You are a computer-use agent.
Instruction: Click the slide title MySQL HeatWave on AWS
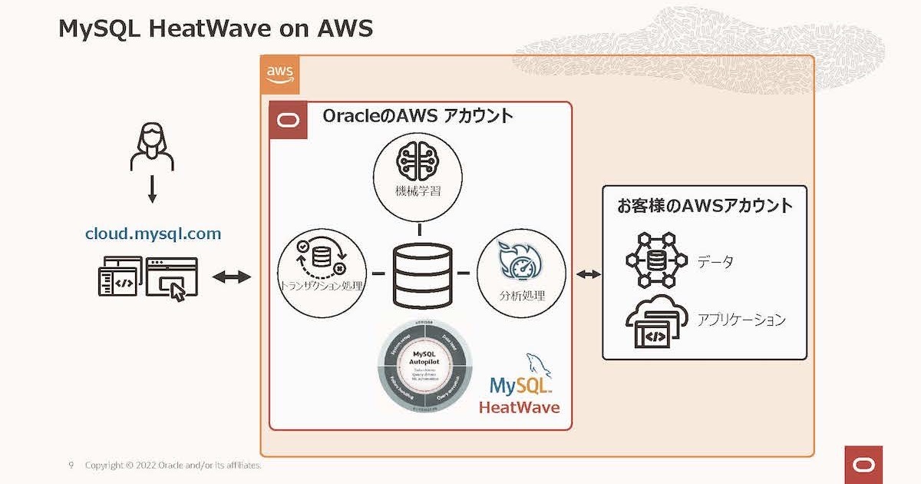(x=215, y=28)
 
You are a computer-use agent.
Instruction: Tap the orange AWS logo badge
(x=279, y=75)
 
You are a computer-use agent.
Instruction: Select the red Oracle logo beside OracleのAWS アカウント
(x=289, y=121)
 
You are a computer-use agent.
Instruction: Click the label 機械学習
(x=418, y=191)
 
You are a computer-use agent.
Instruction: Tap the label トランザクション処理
(x=322, y=287)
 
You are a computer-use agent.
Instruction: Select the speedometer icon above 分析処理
(x=520, y=261)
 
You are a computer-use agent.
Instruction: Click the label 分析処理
(x=522, y=295)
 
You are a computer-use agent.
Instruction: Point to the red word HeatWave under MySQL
(x=519, y=406)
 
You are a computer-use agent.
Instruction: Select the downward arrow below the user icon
(x=152, y=189)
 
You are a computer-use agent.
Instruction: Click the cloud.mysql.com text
(x=153, y=234)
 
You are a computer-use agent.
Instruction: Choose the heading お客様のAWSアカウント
(x=705, y=206)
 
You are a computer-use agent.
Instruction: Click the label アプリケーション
(x=741, y=320)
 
